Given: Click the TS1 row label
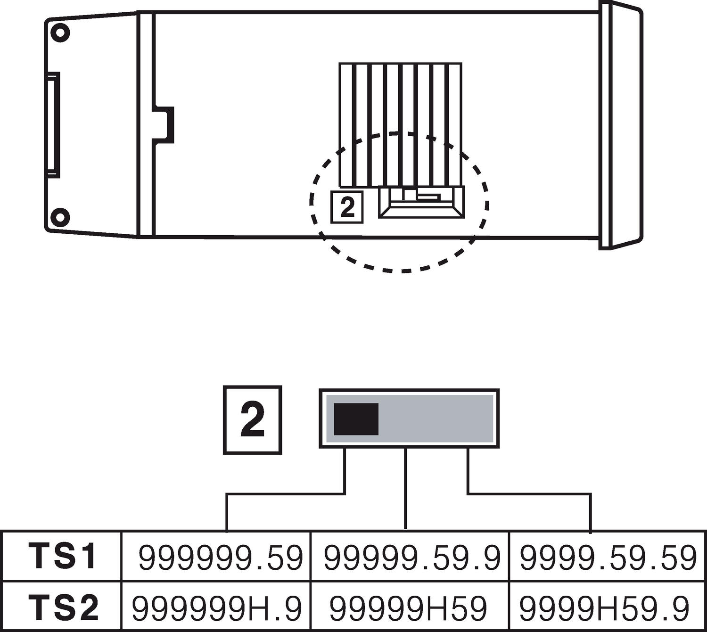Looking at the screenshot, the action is [63, 556].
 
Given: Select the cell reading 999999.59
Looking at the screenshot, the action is [220, 558].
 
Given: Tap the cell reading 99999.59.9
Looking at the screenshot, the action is [411, 558].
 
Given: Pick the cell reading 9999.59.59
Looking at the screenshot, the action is [607, 558].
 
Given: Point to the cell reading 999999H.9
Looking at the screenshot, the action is [216, 608].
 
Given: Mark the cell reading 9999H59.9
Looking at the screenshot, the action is [604, 608].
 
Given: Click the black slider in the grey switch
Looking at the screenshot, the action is [356, 419].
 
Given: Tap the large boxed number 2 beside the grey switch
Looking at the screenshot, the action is [252, 420].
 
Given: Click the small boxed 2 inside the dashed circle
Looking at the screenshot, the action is [347, 207].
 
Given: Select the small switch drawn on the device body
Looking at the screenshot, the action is [421, 202].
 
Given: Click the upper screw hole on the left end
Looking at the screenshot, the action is [60, 33].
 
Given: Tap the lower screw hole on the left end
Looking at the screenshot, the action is [60, 217].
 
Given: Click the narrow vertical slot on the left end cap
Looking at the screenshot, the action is [53, 125].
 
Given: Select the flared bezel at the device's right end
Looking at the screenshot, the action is [621, 125].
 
